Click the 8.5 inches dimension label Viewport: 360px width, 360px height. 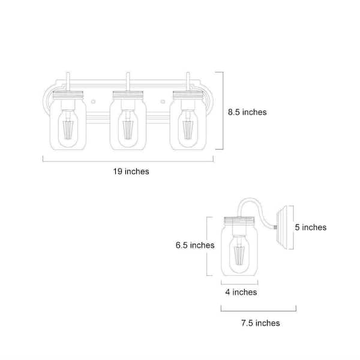(x=247, y=112)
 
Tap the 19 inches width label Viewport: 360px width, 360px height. (x=131, y=172)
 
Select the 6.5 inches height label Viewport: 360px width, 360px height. (x=195, y=245)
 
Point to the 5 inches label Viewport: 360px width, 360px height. (x=311, y=227)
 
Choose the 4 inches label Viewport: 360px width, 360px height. (x=241, y=292)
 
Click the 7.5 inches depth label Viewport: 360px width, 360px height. (x=260, y=323)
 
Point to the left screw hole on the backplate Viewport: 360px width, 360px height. (x=93, y=101)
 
